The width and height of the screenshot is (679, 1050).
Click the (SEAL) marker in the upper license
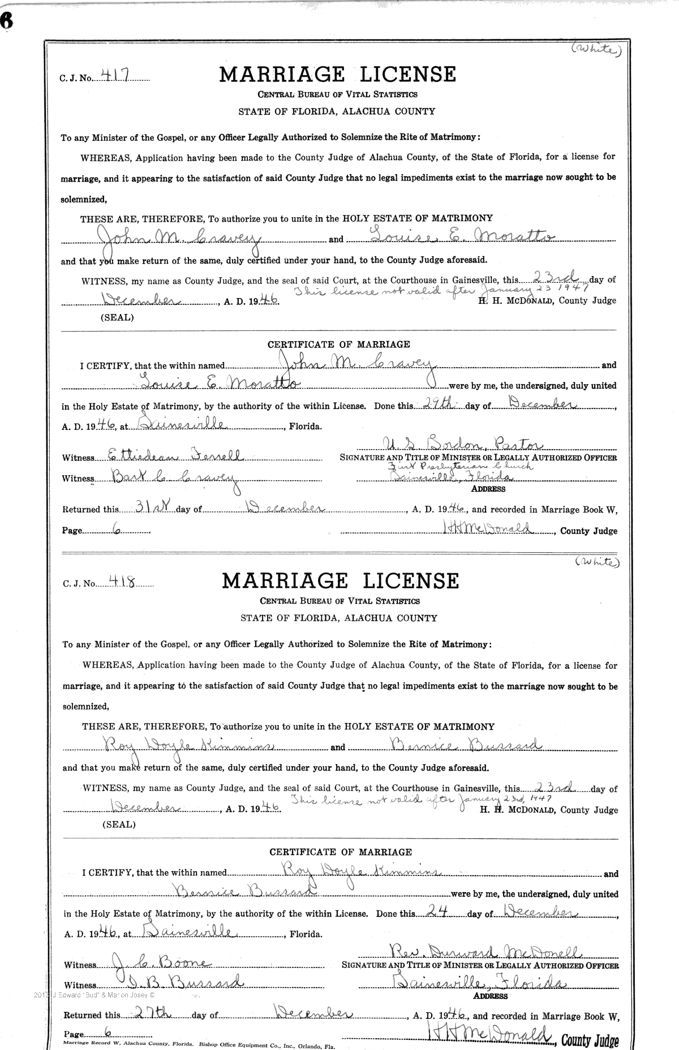coord(117,317)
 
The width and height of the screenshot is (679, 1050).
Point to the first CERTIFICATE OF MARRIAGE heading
coord(338,344)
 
